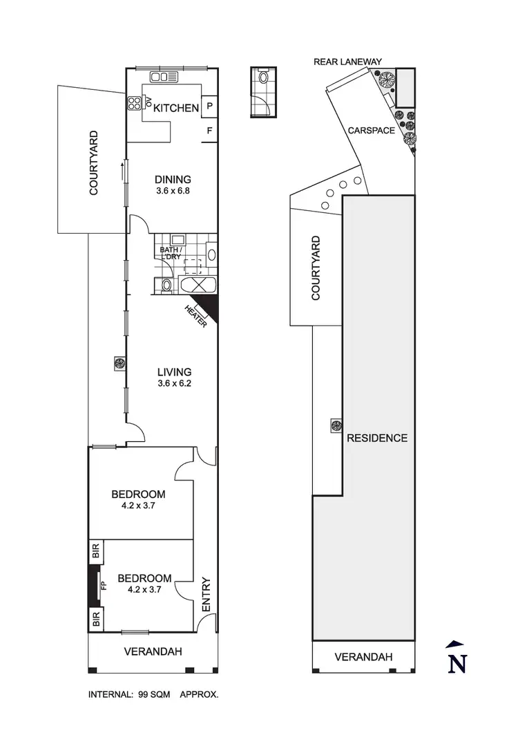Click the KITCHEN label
pos(176,108)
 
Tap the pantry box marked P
pos(209,107)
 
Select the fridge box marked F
pos(209,129)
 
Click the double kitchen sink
pos(164,77)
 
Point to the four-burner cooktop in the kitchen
pos(133,104)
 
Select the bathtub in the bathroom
pos(197,286)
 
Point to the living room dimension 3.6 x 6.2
pos(173,384)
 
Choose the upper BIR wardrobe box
pos(95,551)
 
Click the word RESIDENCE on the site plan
pos(377,438)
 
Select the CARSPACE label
pos(371,130)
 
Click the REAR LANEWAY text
pos(347,62)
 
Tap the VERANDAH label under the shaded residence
pos(364,657)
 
